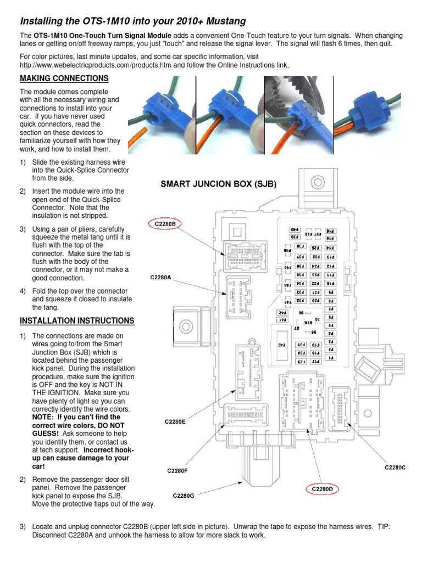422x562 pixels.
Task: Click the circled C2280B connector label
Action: pyautogui.click(x=165, y=224)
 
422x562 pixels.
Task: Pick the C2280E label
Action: pyautogui.click(x=175, y=422)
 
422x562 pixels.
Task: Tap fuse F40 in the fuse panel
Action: pyautogui.click(x=293, y=229)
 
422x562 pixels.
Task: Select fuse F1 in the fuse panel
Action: pyautogui.click(x=331, y=358)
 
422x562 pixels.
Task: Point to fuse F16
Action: pyautogui.click(x=331, y=231)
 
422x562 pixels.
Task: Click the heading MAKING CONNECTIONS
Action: pyautogui.click(x=64, y=78)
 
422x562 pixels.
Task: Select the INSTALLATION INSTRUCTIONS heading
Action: pyautogui.click(x=76, y=320)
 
